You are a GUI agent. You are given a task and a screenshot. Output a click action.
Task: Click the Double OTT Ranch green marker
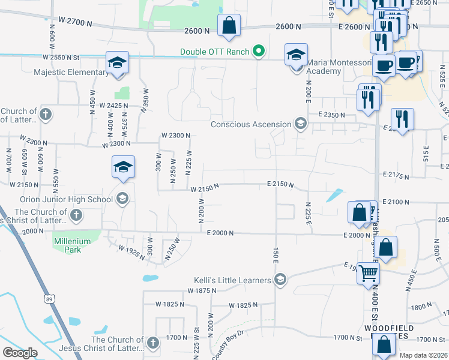[x=259, y=52]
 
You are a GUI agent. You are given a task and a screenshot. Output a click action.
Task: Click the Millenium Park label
[x=72, y=245]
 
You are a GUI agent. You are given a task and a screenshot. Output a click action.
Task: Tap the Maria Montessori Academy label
[x=324, y=67]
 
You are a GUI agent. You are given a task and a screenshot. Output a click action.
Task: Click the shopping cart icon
[x=368, y=274]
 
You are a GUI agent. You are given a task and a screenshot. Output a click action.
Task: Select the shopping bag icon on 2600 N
[x=229, y=26]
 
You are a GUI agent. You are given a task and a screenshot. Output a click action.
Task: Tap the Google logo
[x=20, y=353]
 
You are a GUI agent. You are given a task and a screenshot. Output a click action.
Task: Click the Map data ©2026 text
[x=423, y=355]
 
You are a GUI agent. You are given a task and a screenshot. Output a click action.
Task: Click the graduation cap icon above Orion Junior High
[x=123, y=167]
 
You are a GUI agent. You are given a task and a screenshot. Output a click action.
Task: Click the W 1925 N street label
[x=131, y=252]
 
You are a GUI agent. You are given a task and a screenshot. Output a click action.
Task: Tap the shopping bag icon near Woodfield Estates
[x=384, y=345]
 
